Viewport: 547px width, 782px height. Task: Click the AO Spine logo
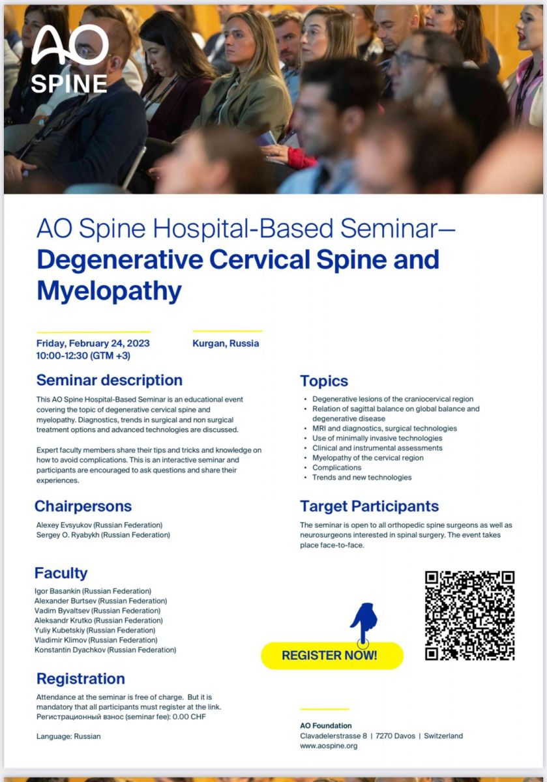(69, 59)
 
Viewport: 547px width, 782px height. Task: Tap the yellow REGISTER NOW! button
(333, 656)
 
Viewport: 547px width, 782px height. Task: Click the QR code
(469, 615)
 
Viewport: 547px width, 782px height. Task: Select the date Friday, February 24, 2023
(93, 343)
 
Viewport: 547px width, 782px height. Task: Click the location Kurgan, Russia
(226, 343)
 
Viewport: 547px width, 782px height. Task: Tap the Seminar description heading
(110, 380)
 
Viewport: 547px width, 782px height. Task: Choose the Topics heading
(324, 381)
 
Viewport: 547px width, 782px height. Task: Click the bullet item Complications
(336, 467)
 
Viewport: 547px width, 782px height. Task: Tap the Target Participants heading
(369, 506)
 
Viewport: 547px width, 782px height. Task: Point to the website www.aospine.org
(329, 746)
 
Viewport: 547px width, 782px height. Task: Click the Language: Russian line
(68, 736)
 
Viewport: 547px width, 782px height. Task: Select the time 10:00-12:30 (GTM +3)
(83, 356)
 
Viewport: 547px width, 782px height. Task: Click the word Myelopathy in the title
(110, 291)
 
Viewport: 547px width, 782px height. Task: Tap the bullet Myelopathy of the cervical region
(368, 457)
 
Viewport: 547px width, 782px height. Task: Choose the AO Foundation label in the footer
(326, 725)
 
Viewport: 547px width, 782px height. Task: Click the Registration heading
(81, 678)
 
